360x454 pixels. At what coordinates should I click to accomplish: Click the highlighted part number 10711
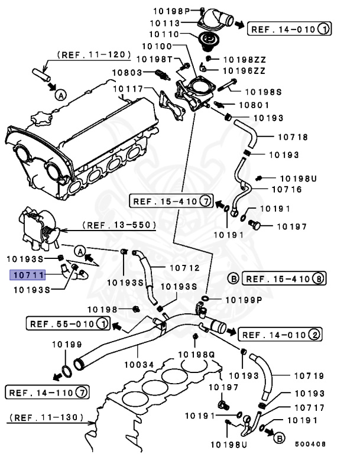point(28,274)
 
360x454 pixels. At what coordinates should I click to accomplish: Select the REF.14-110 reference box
point(47,391)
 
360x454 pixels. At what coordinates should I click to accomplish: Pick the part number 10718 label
point(293,137)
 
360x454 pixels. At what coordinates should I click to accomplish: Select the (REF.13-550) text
point(118,225)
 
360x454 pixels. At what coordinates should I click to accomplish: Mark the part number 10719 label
point(293,375)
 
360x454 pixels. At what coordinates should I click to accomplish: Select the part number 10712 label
point(184,268)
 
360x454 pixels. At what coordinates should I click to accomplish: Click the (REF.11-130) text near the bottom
point(45,417)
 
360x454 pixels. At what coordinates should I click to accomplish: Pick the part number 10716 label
point(287,190)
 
